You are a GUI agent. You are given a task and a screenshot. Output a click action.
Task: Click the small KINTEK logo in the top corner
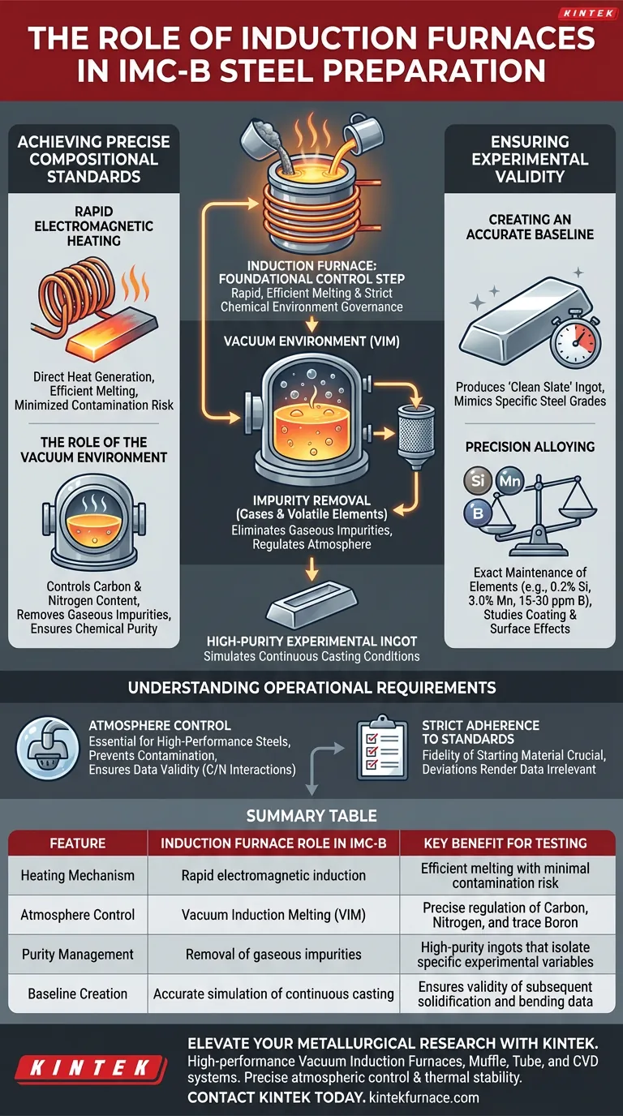click(x=583, y=14)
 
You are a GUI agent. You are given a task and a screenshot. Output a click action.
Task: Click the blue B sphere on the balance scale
click(x=475, y=511)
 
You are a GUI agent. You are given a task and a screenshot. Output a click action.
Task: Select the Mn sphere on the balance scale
click(x=509, y=481)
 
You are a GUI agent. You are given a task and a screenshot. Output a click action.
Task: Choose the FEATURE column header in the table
click(x=77, y=843)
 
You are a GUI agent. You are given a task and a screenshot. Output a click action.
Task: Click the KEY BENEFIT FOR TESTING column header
click(x=505, y=843)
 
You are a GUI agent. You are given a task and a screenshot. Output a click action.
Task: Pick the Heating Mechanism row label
click(x=77, y=875)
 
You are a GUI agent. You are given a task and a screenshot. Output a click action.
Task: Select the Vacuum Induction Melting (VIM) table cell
click(x=273, y=915)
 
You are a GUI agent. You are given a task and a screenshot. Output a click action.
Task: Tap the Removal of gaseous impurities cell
click(x=273, y=955)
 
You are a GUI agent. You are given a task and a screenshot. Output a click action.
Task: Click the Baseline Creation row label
click(x=77, y=994)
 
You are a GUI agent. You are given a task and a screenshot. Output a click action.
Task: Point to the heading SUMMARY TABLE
click(x=311, y=815)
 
